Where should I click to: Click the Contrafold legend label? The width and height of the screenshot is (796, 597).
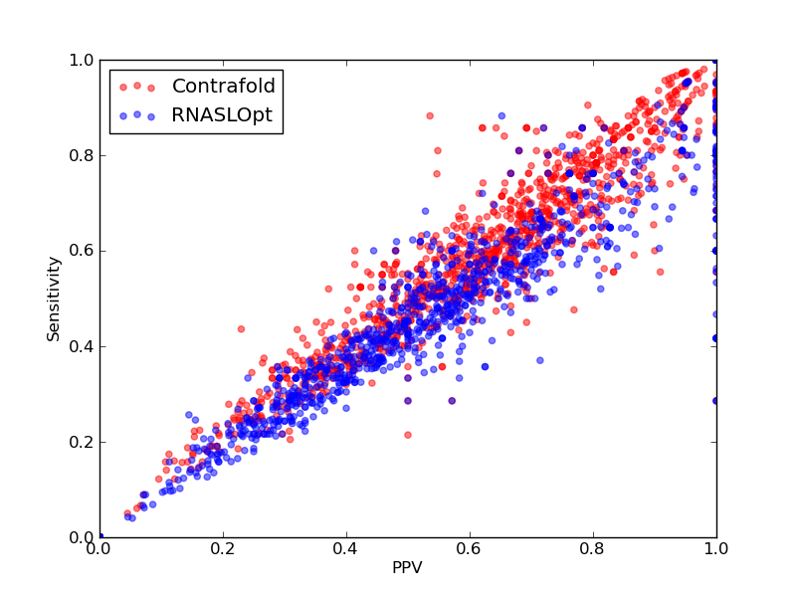tap(223, 86)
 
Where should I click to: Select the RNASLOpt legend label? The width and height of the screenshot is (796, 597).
tap(222, 115)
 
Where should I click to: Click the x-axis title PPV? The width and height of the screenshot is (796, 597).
tap(407, 567)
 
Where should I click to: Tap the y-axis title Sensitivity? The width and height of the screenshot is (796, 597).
tap(54, 299)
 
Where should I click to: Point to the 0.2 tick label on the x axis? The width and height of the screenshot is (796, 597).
tap(223, 549)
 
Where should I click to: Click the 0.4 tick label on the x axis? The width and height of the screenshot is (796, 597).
tap(346, 549)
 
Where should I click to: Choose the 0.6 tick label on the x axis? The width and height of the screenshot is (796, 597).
tap(470, 549)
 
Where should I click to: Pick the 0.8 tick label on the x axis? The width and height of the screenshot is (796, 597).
tap(593, 549)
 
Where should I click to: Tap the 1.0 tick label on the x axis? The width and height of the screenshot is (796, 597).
tap(716, 549)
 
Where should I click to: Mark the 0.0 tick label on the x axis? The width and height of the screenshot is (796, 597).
tap(99, 549)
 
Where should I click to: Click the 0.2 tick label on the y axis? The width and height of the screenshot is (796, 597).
tap(82, 442)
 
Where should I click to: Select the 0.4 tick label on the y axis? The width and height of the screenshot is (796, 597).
tap(82, 346)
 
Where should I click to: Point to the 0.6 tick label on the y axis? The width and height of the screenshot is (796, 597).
tap(82, 252)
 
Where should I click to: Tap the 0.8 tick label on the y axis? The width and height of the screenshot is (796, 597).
tap(82, 155)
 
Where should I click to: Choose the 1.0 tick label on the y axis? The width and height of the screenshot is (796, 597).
tap(82, 60)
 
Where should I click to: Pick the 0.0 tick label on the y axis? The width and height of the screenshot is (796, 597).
tap(82, 537)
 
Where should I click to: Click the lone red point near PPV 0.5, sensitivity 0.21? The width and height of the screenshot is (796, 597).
tap(408, 435)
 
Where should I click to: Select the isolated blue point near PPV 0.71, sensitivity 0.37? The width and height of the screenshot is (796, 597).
tap(539, 360)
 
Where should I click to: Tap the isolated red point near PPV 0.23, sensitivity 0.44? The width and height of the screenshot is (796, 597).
tap(241, 329)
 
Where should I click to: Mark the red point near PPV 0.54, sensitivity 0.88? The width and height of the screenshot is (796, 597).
tap(430, 115)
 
